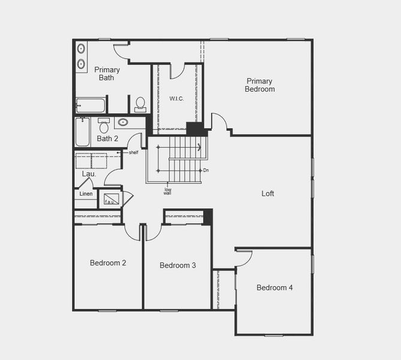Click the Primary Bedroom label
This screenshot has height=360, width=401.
point(260,85)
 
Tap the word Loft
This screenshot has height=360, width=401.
point(268,194)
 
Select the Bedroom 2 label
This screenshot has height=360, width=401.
point(108,263)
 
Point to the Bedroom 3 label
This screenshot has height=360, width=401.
point(177,265)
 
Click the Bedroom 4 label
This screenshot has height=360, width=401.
point(275,287)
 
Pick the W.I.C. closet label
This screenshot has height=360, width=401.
point(176,98)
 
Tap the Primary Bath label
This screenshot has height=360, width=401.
point(107,74)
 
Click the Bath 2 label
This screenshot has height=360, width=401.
point(108,139)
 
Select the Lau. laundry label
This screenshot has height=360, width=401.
point(89,174)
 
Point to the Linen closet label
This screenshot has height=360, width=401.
point(86,194)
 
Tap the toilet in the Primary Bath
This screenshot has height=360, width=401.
point(140,104)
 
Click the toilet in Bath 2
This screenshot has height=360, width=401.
point(104,126)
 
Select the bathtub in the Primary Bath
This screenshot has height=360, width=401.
point(91,106)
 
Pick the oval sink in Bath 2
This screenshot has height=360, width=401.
point(123,122)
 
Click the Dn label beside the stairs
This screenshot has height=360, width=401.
point(206,170)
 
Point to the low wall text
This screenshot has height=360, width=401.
point(168,192)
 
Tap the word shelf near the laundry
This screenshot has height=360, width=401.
point(133,152)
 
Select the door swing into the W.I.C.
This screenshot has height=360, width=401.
point(178,71)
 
